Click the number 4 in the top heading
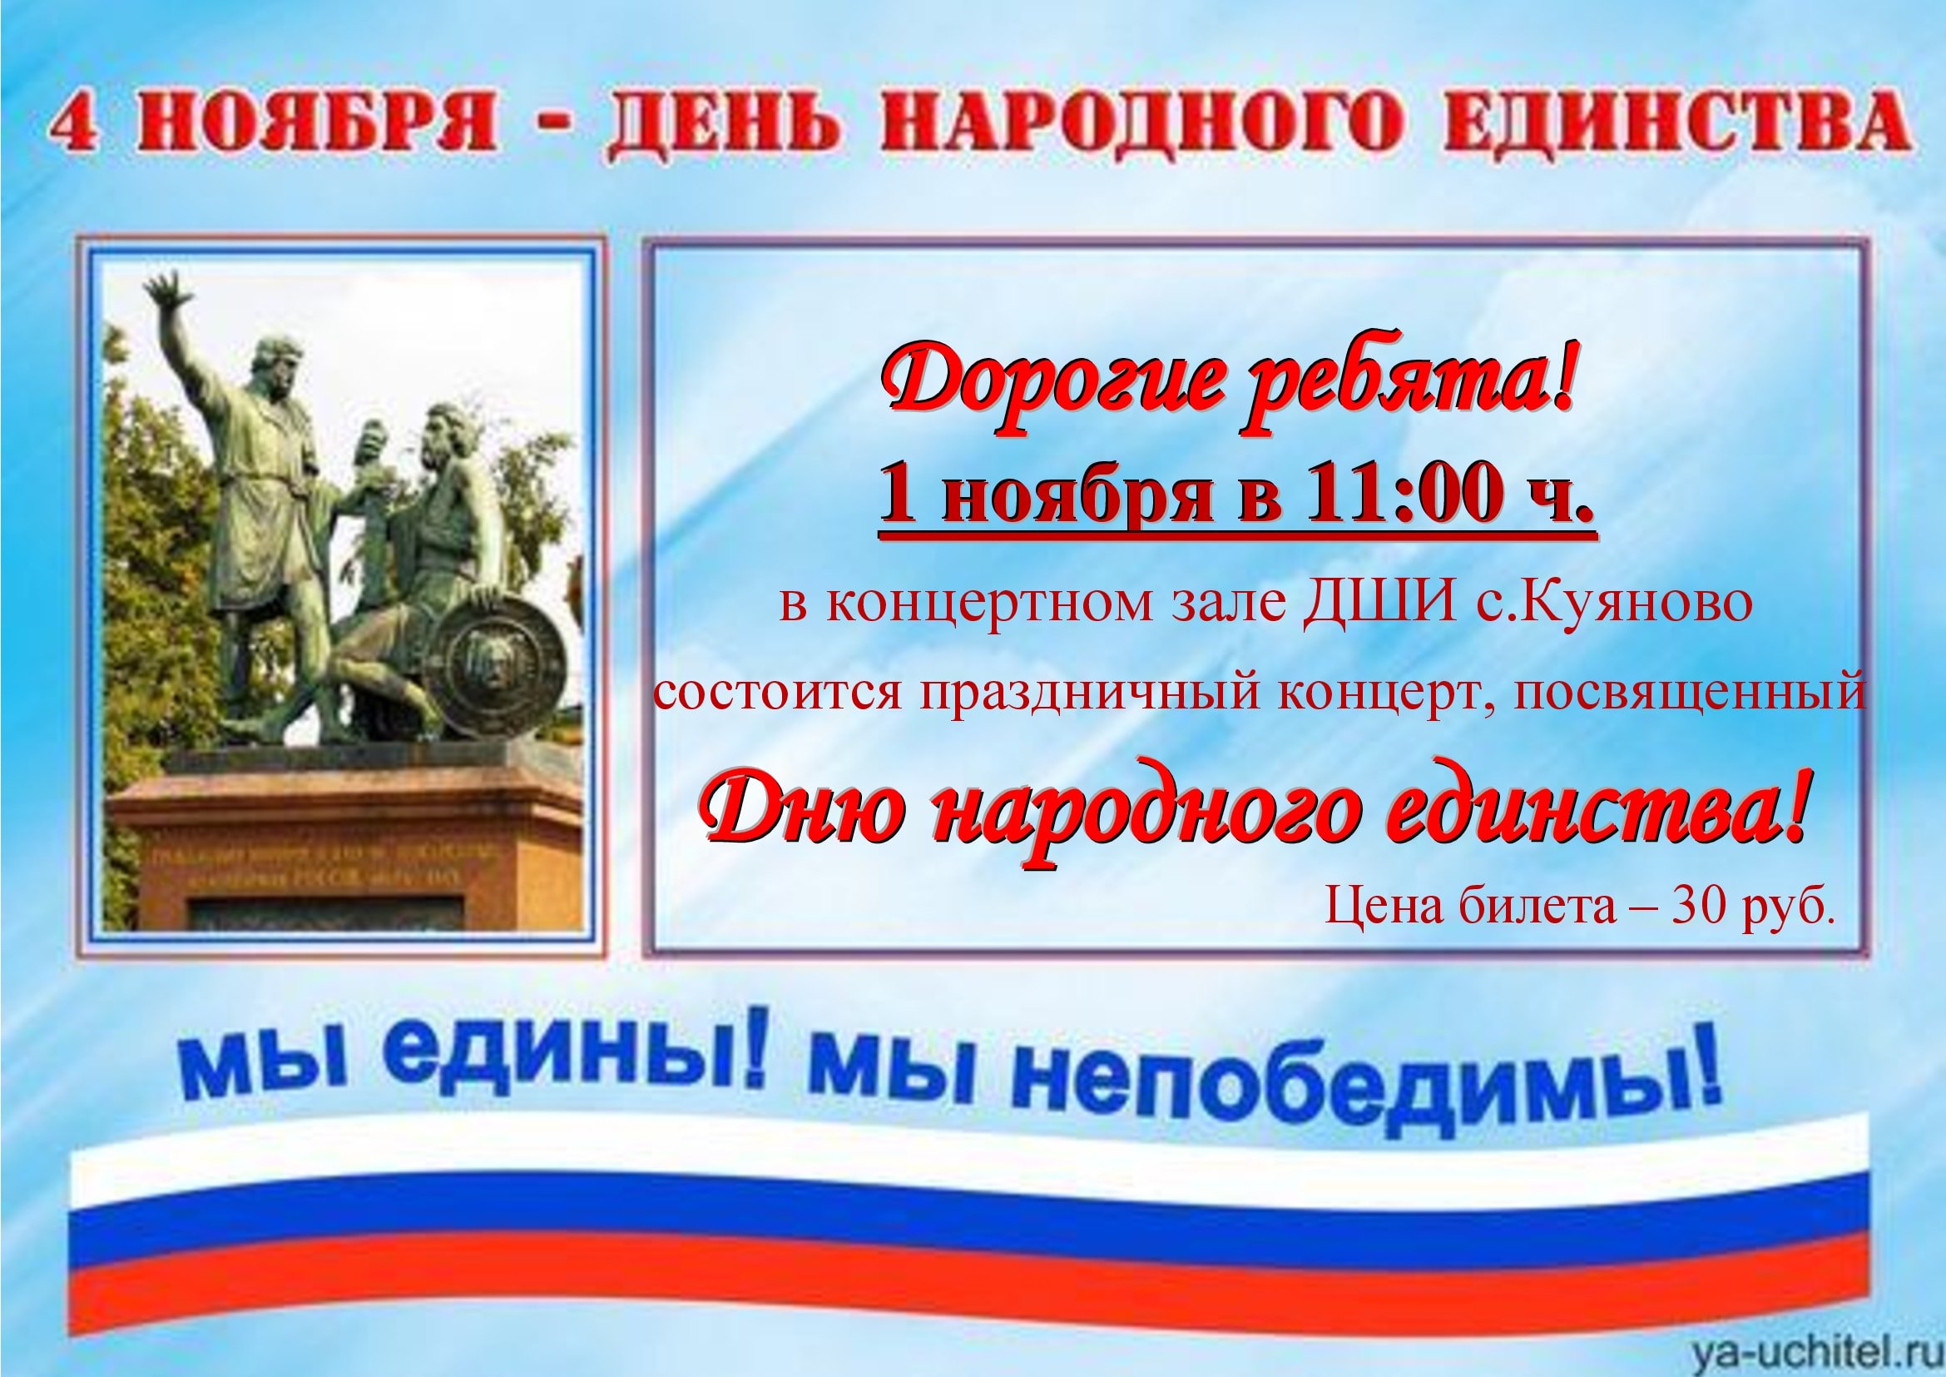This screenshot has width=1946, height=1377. pos(73,127)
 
